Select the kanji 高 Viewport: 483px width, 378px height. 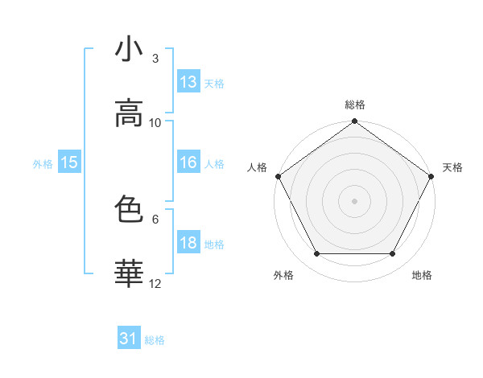point(129,113)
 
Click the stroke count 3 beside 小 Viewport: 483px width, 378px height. point(155,58)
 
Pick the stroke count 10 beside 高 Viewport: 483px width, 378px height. point(155,122)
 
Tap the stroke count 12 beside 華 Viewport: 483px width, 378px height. point(155,283)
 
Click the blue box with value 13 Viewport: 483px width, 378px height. point(188,82)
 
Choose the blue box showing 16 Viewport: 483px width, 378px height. point(188,162)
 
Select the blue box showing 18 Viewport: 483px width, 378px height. point(188,243)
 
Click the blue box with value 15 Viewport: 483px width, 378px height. point(69,162)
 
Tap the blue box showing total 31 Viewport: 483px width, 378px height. point(129,339)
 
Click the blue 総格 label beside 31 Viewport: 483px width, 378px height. point(155,340)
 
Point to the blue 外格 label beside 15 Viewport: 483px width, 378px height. point(43,164)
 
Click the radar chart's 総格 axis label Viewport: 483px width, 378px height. point(355,105)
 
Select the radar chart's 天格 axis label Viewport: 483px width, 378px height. point(453,167)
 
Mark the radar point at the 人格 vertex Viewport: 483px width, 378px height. point(277,175)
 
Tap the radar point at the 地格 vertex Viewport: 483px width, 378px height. point(393,254)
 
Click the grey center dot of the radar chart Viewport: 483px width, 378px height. point(355,200)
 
